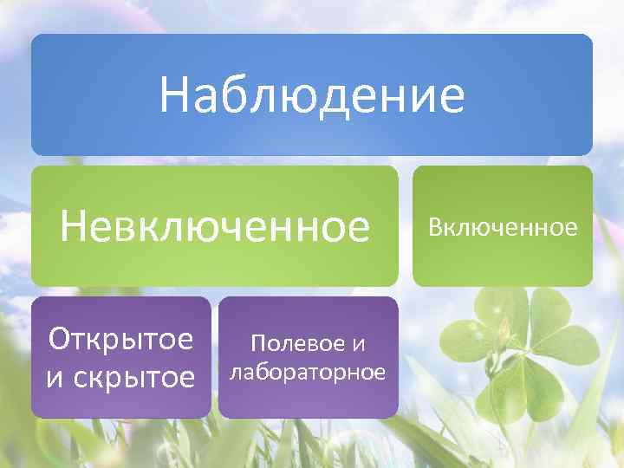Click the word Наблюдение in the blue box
312,96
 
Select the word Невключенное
215,227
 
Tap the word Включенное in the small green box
502,228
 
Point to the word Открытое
121,339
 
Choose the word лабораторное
307,373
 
